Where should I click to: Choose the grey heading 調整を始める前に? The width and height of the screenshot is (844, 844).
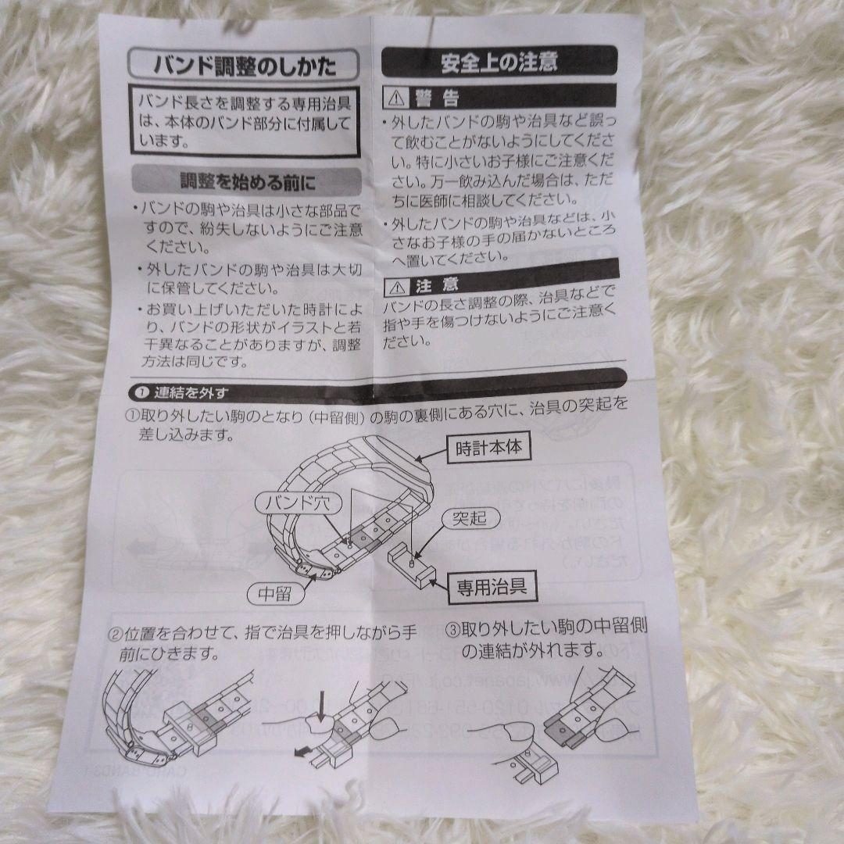[x=247, y=183]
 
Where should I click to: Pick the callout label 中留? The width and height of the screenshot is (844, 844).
[x=274, y=594]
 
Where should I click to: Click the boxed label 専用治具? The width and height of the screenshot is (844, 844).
[x=491, y=587]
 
